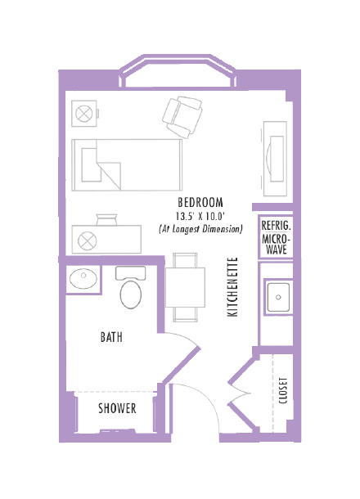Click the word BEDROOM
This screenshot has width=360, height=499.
(200, 203)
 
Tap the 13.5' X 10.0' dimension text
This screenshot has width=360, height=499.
(200, 216)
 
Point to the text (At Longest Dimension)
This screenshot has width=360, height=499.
(200, 230)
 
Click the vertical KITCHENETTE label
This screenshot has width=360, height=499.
(232, 287)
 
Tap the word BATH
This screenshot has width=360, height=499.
(112, 336)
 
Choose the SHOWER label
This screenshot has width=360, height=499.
(117, 408)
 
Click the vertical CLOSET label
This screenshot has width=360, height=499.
(283, 390)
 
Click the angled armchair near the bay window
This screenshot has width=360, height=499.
(183, 115)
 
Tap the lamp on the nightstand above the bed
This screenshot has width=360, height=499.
(83, 114)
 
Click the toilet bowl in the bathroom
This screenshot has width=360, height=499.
(131, 294)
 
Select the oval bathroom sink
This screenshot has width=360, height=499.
(83, 279)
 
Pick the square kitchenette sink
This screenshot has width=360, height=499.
(278, 297)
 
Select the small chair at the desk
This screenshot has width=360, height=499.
(107, 218)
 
